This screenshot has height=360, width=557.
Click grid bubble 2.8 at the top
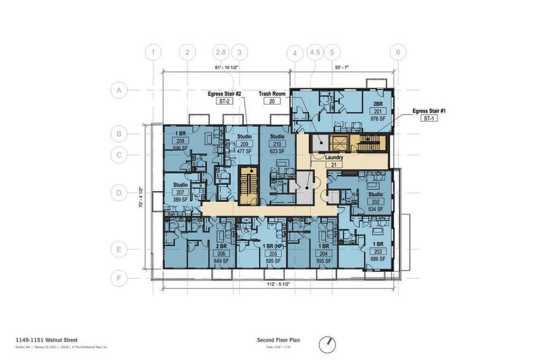click(221, 52)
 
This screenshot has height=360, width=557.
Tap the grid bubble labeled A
click(118, 91)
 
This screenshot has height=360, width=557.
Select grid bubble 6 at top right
click(398, 52)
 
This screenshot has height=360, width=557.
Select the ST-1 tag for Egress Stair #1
click(428, 119)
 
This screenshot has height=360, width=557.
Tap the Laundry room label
click(333, 157)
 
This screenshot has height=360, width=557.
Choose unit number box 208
click(180, 140)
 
